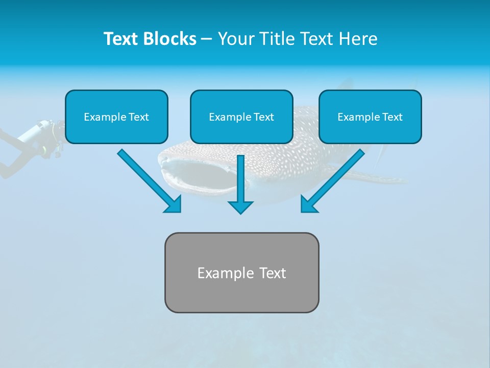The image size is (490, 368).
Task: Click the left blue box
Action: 116,117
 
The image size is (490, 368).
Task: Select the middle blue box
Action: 241,117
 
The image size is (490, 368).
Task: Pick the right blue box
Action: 370,117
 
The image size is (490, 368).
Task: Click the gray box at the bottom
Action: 241,272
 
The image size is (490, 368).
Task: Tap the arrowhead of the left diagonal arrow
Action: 174,205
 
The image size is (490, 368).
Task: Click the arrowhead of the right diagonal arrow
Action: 308,205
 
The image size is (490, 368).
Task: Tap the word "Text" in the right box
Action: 393,117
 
